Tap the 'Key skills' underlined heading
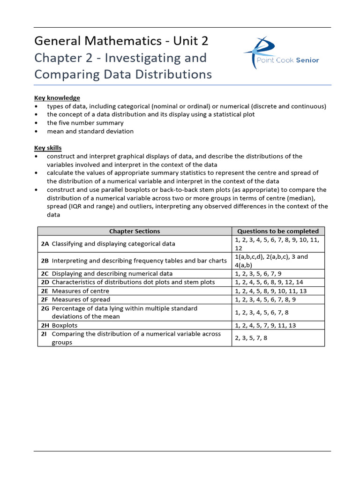coord(48,148)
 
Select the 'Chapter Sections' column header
coord(135,231)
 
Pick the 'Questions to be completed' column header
coord(278,231)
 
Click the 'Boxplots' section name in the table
coord(65,325)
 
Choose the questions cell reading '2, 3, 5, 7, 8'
coord(251,338)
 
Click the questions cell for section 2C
coord(258,274)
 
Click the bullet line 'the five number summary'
coord(85,123)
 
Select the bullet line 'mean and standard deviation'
coord(90,131)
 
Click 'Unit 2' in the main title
coord(190,41)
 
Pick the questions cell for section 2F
coord(264,300)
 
